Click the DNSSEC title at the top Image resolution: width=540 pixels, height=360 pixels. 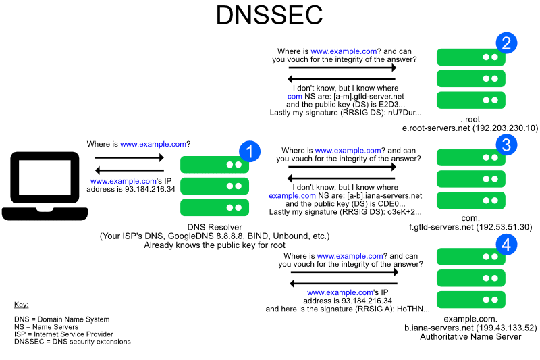(269, 15)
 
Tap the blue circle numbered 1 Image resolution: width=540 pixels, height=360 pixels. (250, 151)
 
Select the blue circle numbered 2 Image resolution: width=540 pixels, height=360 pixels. (506, 43)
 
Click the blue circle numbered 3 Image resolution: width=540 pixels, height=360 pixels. (506, 143)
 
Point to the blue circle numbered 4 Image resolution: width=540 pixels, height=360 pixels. (506, 244)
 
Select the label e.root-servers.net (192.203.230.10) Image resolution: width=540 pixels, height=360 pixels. (470, 128)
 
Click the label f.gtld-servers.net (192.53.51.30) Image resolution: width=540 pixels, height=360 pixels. (470, 227)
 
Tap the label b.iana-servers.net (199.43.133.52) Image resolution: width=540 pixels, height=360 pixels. (470, 328)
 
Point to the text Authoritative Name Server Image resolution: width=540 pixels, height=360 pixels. (470, 336)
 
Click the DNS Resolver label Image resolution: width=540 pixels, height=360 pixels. (215, 227)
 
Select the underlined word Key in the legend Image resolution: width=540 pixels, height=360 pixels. (21, 305)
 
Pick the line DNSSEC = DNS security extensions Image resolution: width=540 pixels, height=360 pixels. (72, 342)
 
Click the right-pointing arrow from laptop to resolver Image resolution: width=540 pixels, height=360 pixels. (130, 158)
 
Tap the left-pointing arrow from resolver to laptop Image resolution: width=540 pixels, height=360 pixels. (130, 170)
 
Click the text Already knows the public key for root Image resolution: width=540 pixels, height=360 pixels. (215, 245)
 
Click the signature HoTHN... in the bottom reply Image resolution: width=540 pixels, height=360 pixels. (412, 309)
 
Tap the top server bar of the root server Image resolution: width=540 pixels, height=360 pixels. (470, 57)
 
